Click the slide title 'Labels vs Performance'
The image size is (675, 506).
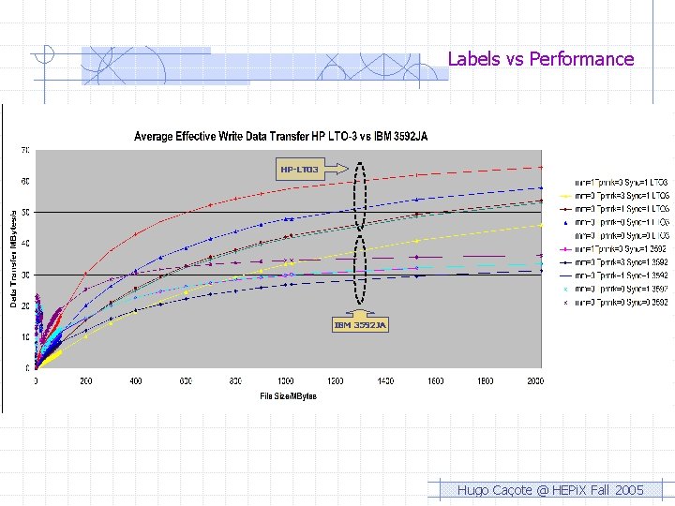540,59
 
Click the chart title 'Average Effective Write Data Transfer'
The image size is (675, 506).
280,137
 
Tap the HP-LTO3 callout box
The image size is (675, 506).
299,170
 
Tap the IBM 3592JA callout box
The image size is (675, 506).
360,324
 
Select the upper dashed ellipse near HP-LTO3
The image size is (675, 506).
362,197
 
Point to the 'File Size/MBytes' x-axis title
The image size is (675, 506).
288,396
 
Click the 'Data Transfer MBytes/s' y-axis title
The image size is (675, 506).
14,258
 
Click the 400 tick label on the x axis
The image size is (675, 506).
136,381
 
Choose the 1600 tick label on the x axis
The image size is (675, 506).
435,381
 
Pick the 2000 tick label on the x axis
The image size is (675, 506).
534,381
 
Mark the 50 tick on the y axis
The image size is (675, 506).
26,213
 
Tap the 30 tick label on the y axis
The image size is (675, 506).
26,275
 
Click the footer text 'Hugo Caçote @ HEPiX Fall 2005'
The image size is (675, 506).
549,490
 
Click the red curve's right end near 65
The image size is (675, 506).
540,167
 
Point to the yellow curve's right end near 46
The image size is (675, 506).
540,225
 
